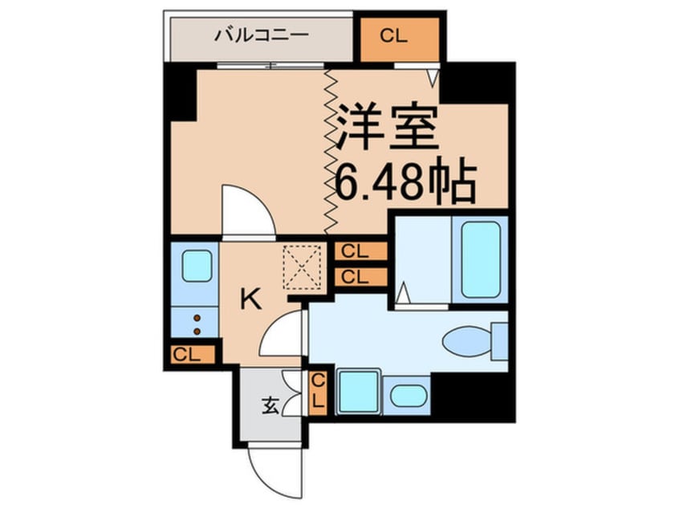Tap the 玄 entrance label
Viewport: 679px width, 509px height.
[268, 407]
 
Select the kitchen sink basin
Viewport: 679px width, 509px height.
[196, 267]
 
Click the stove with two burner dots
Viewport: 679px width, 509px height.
[195, 321]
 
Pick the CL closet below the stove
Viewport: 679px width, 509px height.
[192, 354]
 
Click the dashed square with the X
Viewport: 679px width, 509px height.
[303, 266]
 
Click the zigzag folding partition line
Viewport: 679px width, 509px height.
[328, 149]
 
